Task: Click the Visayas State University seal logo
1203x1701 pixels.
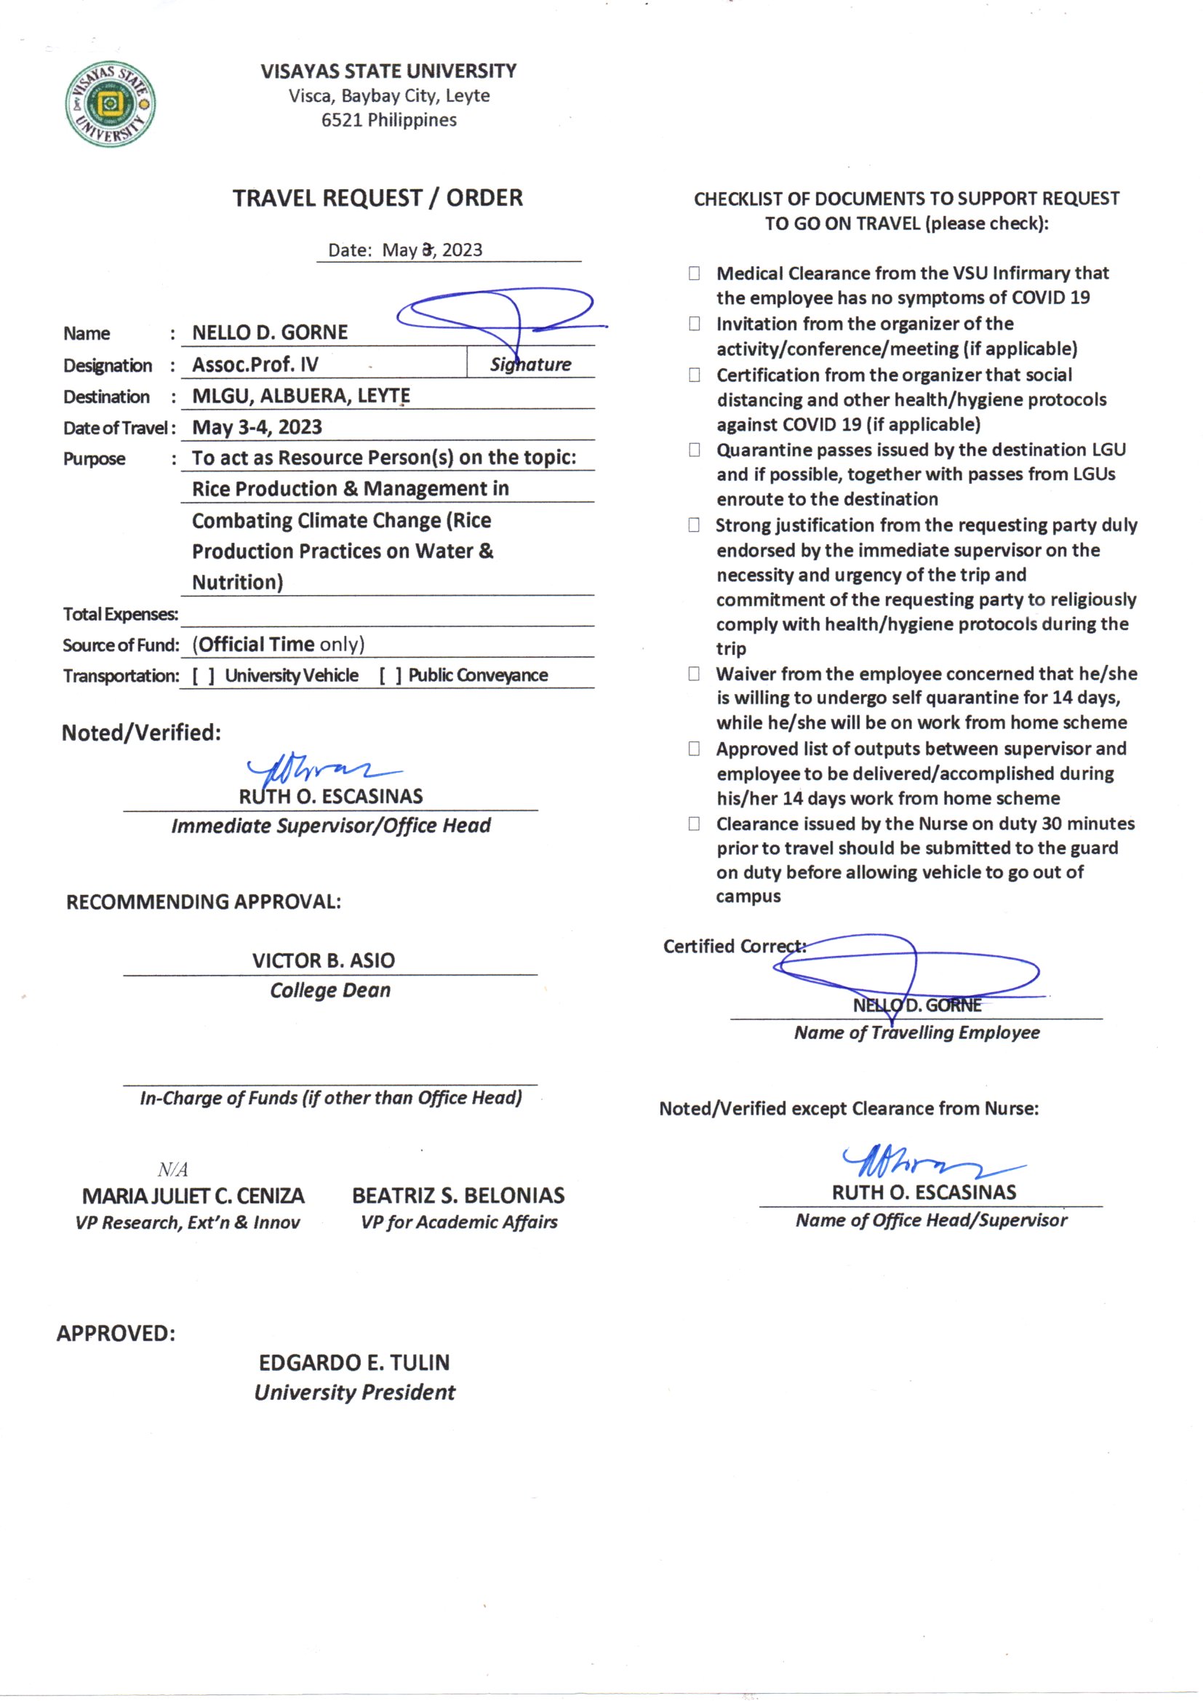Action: click(111, 104)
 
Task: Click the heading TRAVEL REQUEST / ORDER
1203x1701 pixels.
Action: click(377, 198)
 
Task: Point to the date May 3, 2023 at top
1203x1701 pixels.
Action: click(432, 250)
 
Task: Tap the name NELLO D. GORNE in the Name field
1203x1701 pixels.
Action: click(270, 332)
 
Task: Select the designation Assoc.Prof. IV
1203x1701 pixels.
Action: click(255, 364)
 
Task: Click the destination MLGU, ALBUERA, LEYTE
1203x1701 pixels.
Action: click(301, 396)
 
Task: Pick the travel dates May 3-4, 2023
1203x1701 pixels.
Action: click(257, 428)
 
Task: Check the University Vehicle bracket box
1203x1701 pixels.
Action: click(204, 676)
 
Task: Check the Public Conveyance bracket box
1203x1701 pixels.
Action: click(391, 676)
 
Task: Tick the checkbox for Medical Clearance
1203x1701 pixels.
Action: click(694, 274)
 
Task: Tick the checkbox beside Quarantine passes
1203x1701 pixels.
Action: click(694, 450)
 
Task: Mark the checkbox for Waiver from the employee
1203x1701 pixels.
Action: click(694, 674)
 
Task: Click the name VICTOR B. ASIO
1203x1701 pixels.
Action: click(323, 961)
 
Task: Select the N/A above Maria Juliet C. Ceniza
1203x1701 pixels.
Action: click(172, 1169)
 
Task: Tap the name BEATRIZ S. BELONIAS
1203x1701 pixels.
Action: click(457, 1196)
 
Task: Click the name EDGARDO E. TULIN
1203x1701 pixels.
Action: click(354, 1363)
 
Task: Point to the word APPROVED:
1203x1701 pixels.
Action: click(116, 1334)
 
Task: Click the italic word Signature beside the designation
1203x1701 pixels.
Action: click(530, 364)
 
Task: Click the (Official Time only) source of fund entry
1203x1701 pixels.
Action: click(279, 645)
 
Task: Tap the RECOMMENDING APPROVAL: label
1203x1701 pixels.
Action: click(204, 902)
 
